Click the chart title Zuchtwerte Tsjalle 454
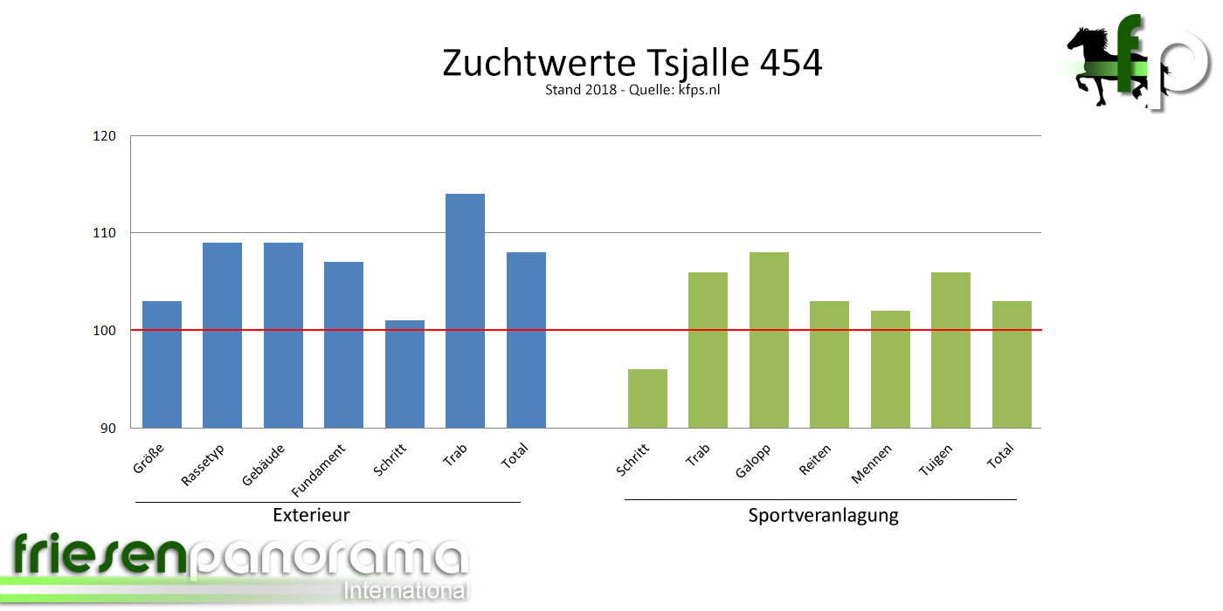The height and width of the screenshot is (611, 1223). coord(632,64)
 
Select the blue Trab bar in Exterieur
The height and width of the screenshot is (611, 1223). coord(465,310)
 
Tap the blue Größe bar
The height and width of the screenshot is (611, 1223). coord(162,364)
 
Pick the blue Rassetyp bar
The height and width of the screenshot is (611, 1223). coord(222,335)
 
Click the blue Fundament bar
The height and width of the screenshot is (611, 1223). coord(343,345)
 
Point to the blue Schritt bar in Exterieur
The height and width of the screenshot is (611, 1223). coord(404,374)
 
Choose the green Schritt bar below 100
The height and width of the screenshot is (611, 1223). coord(647,398)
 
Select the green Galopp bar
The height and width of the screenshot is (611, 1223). coord(769,340)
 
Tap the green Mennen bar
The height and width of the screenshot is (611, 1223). coord(890,368)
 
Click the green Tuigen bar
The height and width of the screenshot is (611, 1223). coord(950,349)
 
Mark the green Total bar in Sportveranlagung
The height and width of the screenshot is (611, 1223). coord(1012,364)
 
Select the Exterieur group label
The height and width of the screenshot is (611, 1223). coord(311,515)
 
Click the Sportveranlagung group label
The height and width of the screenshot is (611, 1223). coord(823,515)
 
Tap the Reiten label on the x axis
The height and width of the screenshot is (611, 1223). coord(814,460)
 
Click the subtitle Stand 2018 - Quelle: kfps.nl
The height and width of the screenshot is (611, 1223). coord(632,90)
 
